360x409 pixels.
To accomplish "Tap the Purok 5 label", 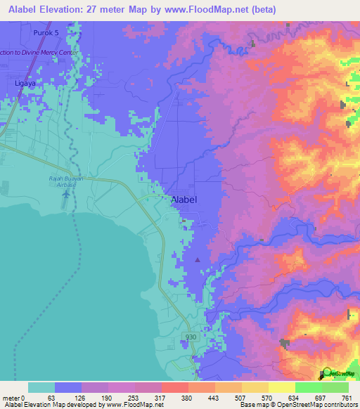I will pyautogui.click(x=44, y=32).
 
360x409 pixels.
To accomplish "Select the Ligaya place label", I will pyautogui.click(x=25, y=83).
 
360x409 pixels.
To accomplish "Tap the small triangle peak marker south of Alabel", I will pyautogui.click(x=197, y=260).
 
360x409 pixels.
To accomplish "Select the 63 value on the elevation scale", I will pyautogui.click(x=51, y=397).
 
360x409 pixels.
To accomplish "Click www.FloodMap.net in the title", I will pyautogui.click(x=217, y=9).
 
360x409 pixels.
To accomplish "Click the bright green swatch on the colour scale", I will pyautogui.click(x=308, y=387).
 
